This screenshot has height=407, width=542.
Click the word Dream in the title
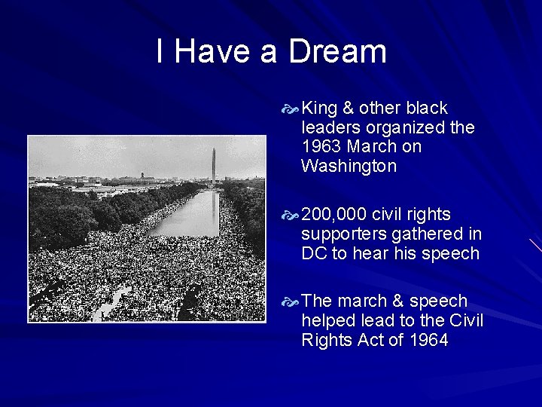pos(337,52)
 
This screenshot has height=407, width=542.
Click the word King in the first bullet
pos(320,108)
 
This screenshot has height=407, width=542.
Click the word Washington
pos(349,166)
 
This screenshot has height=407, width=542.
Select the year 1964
pos(428,340)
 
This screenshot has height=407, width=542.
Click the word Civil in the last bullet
pos(467,320)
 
